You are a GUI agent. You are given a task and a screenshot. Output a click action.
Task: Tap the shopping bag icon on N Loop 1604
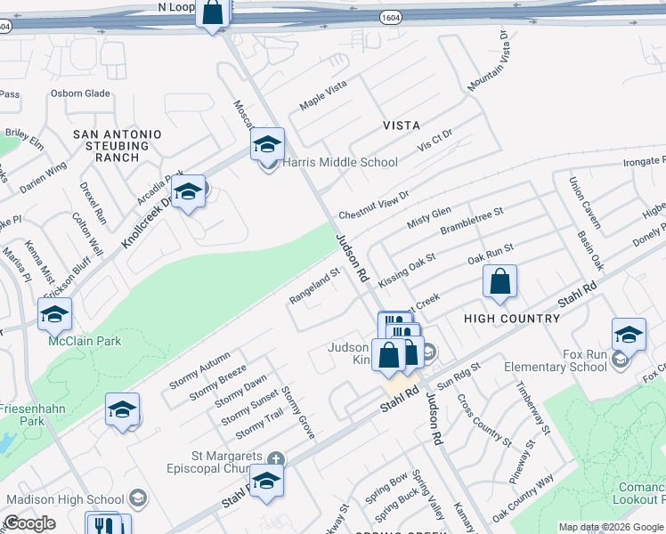[213, 13]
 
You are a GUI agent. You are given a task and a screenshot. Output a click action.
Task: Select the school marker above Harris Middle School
[267, 144]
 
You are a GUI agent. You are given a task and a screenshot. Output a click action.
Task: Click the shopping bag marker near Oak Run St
[500, 281]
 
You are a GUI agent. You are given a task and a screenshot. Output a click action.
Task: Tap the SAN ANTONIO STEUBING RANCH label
[118, 145]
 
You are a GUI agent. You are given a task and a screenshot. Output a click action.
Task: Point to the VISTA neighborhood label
[401, 125]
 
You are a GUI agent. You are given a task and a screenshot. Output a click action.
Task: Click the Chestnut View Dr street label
[373, 206]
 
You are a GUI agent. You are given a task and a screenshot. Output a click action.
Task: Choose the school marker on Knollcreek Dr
[189, 191]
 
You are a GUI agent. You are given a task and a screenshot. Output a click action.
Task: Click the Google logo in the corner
[29, 523]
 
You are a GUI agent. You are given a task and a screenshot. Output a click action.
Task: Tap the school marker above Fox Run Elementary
[629, 335]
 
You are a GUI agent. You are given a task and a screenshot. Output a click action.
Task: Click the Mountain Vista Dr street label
[487, 61]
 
